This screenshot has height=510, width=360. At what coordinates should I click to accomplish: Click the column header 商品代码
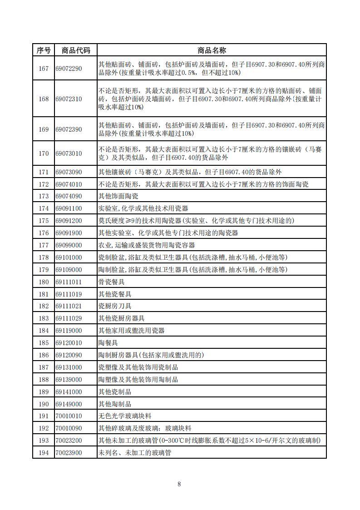click(x=75, y=50)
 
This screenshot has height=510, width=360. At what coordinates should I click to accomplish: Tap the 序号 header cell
click(x=44, y=50)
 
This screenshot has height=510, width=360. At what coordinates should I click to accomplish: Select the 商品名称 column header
click(x=212, y=50)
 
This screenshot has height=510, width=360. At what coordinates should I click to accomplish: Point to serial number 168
click(x=44, y=99)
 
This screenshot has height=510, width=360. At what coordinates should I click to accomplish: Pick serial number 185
click(x=44, y=343)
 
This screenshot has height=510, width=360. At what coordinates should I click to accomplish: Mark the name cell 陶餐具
click(x=108, y=343)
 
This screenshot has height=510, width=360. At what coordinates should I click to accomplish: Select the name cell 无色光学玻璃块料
click(x=125, y=416)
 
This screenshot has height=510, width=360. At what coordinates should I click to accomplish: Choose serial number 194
click(x=44, y=453)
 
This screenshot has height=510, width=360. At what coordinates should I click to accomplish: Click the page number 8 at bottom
click(x=179, y=484)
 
